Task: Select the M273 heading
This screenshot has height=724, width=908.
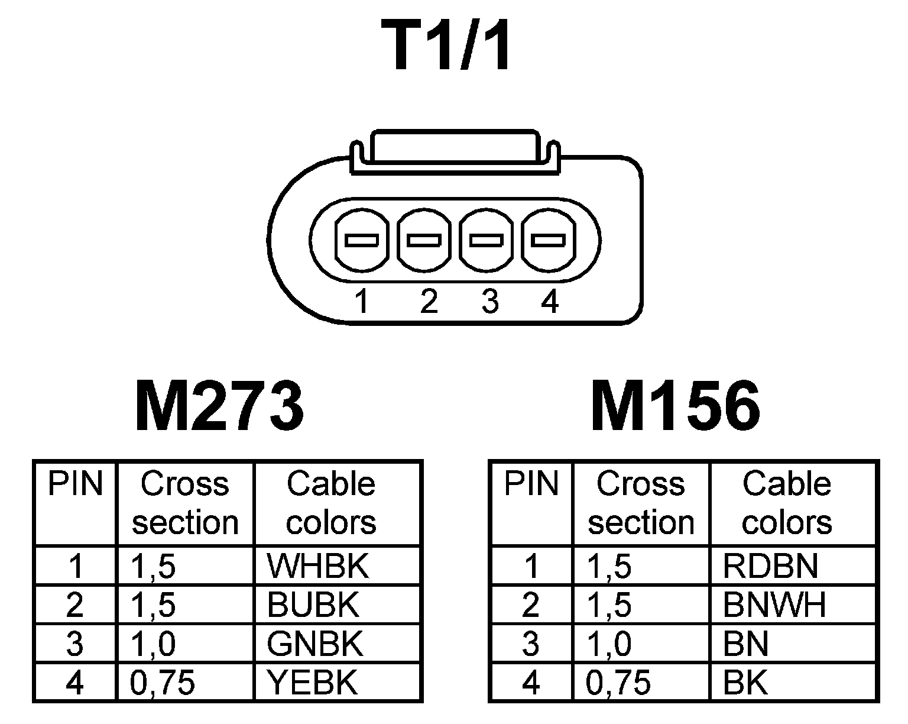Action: click(219, 407)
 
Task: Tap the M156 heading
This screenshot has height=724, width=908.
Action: click(675, 407)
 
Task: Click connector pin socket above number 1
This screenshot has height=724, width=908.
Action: click(362, 241)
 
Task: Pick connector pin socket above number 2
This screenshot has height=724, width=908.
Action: click(424, 241)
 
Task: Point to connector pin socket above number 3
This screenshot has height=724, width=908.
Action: click(487, 241)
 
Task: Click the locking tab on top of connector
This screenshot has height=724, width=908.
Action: click(454, 148)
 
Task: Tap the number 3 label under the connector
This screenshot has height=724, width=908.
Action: click(489, 302)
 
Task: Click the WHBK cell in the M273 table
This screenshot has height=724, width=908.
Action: click(317, 566)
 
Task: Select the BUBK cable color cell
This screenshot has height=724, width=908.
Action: click(313, 605)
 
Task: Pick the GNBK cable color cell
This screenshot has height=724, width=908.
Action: click(315, 644)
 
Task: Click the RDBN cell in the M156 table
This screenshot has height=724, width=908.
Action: click(770, 566)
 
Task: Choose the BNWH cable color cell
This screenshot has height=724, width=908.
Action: click(774, 605)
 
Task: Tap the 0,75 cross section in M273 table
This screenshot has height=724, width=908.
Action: click(163, 683)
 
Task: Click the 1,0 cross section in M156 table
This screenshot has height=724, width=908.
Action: click(609, 644)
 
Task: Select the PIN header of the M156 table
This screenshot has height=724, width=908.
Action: click(531, 484)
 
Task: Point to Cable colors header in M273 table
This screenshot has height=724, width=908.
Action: click(331, 503)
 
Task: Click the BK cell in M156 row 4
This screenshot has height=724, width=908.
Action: click(745, 683)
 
